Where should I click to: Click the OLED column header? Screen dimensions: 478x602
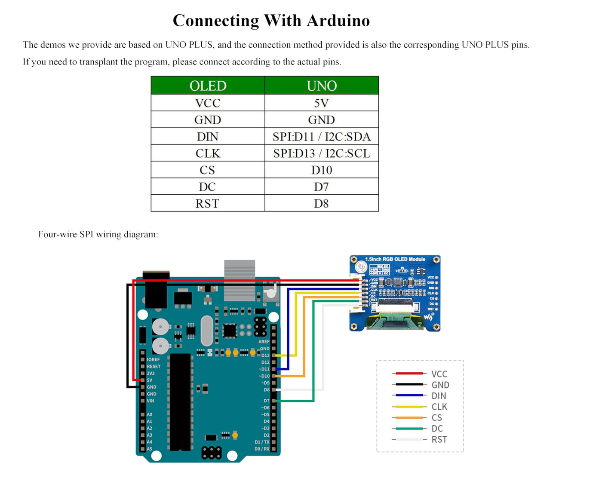tap(208, 86)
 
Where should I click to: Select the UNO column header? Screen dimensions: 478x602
tap(322, 86)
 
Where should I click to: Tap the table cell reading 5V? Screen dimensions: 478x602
tap(322, 103)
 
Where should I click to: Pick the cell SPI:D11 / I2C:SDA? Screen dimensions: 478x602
tap(322, 137)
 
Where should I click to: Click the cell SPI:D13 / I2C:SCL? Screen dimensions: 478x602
tap(322, 153)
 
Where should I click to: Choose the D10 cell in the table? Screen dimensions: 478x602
tap(322, 170)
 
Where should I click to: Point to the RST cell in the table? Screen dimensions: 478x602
tap(207, 204)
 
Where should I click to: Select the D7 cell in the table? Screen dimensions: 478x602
tap(322, 187)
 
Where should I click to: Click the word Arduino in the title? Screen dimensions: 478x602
tap(338, 21)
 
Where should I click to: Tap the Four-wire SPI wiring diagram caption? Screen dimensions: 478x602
tap(98, 234)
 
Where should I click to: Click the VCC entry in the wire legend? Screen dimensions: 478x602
tap(439, 374)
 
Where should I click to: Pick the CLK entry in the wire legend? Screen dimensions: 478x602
tap(439, 407)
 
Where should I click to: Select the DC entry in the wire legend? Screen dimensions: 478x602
tap(437, 429)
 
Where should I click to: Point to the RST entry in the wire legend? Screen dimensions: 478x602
tap(439, 439)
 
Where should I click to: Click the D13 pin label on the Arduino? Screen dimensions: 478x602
tap(265, 355)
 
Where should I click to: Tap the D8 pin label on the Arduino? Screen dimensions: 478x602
tap(267, 390)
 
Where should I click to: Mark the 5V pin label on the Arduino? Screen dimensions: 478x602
tap(150, 380)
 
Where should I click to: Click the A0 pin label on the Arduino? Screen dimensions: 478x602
tap(149, 414)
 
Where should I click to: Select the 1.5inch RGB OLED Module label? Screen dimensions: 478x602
tap(395, 259)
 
